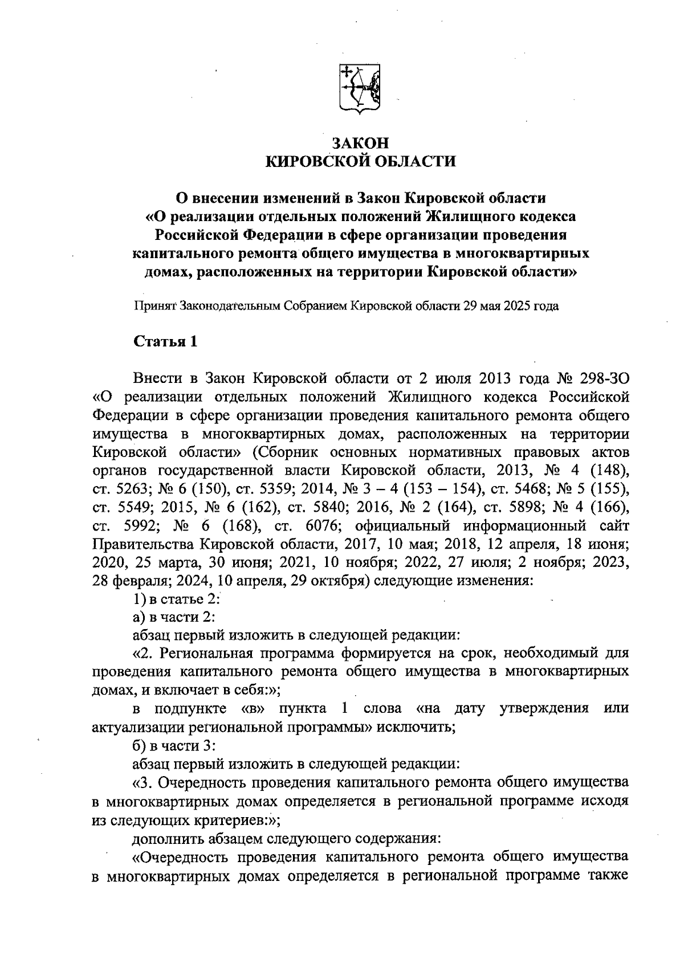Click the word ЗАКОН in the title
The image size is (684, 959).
361,142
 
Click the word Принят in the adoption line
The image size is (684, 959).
155,306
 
